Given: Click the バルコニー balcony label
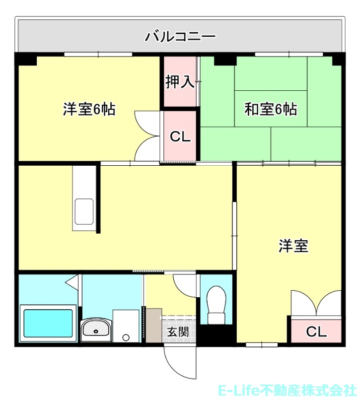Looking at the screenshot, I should [180, 36].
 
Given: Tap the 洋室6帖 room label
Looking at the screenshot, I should [89, 109].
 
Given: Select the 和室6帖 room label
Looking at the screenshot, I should [271, 109].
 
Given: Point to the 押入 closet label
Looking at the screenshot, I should [180, 82].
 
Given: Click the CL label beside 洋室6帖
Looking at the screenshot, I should [180, 137].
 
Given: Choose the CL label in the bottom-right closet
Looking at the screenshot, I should [316, 331].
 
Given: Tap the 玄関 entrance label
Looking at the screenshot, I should [177, 331].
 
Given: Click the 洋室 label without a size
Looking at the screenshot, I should [293, 246].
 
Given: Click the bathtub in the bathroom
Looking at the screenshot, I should [48, 324].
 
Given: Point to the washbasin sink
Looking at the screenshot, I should [96, 329].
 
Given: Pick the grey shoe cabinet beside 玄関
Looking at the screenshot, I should [154, 325].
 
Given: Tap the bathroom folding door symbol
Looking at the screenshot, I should [73, 282].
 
